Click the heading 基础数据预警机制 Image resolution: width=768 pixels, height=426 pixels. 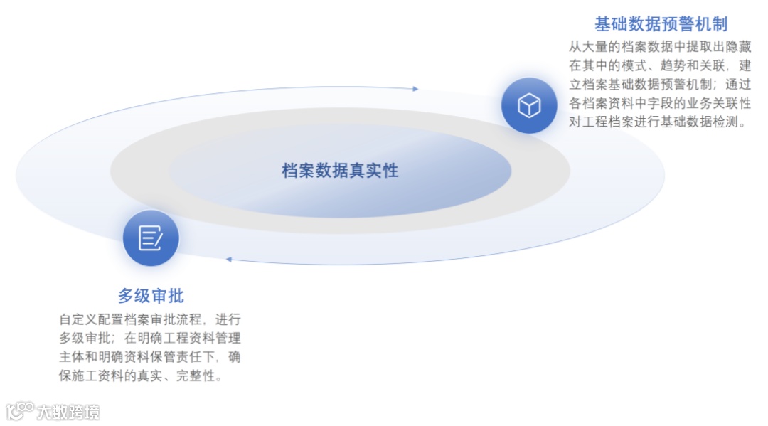pyautogui.click(x=661, y=25)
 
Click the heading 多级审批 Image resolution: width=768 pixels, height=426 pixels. pyautogui.click(x=151, y=296)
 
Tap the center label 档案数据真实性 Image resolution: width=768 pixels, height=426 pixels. pyautogui.click(x=340, y=171)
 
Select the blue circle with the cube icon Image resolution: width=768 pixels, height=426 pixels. pyautogui.click(x=529, y=106)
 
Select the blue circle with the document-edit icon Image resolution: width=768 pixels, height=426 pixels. pyautogui.click(x=151, y=238)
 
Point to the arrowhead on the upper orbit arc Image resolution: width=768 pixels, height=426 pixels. pyautogui.click(x=415, y=89)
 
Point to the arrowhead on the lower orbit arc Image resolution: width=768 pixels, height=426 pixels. pyautogui.click(x=229, y=259)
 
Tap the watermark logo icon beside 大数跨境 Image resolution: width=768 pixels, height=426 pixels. pyautogui.click(x=20, y=410)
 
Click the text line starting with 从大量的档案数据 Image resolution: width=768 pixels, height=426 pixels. pyautogui.click(x=660, y=47)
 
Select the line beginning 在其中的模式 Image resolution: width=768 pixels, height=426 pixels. pyautogui.click(x=660, y=65)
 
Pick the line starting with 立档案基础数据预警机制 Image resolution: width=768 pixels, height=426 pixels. pyautogui.click(x=660, y=84)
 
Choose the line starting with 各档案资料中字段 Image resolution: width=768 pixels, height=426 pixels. pyautogui.click(x=660, y=103)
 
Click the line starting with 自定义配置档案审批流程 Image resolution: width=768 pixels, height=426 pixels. pyautogui.click(x=150, y=319)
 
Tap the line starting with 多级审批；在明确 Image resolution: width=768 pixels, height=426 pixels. pyautogui.click(x=150, y=337)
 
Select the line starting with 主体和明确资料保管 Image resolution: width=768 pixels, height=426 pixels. pyautogui.click(x=150, y=356)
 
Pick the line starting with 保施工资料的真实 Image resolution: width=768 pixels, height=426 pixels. pyautogui.click(x=141, y=376)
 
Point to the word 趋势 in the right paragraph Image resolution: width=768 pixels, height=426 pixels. pyautogui.click(x=676, y=65)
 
